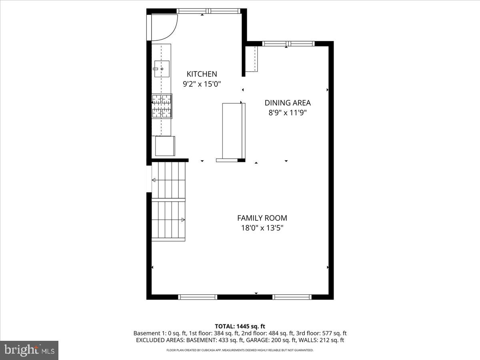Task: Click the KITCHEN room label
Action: coord(202,74)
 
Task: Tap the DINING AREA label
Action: coord(287,103)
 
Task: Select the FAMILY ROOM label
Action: coord(262,218)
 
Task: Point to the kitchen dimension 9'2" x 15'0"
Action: coord(202,84)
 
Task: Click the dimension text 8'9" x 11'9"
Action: coord(287,113)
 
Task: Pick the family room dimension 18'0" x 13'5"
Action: coord(262,228)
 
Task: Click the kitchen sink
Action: coord(162,68)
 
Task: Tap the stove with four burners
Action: coord(162,106)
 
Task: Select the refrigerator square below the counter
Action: coord(165,146)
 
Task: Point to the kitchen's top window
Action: coord(209,11)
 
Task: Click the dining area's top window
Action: coord(288,44)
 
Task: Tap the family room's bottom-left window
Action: coord(198,297)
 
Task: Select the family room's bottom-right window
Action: coord(292,297)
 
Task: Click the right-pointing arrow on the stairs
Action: coord(182,220)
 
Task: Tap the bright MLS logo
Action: coord(29,350)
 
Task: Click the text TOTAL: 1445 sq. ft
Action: coord(240,326)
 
